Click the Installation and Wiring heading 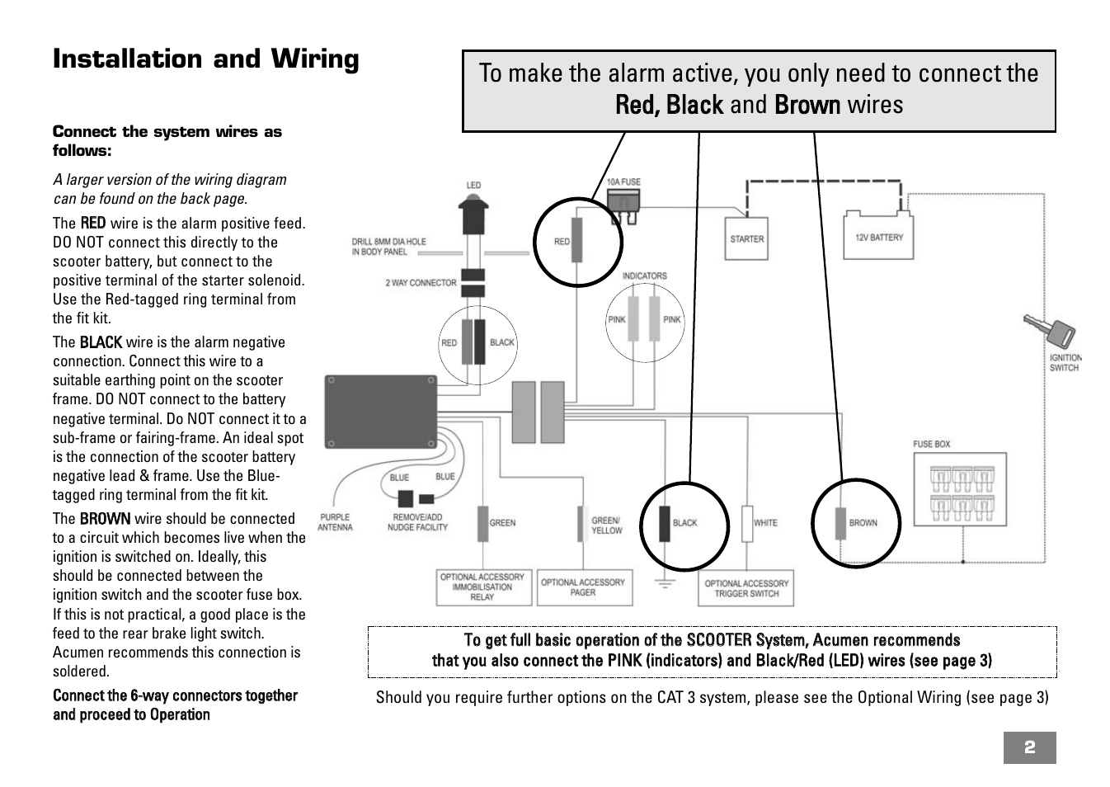pos(206,59)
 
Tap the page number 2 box pos(1029,747)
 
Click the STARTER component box pos(746,238)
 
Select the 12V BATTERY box pos(878,237)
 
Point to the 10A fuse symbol pos(623,202)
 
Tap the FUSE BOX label pos(931,444)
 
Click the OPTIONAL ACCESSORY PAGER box pos(583,587)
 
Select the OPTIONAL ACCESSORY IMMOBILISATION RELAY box pos(482,587)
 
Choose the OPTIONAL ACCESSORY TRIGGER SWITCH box pos(746,588)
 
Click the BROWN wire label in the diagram pos(863,522)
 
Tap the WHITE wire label pos(765,522)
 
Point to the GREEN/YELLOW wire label pos(606,525)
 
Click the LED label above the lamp pos(473,185)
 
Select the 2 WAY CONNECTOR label pos(421,283)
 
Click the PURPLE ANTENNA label pos(335,522)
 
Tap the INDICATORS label pos(644,276)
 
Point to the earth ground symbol pos(665,583)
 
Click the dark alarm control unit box pos(380,412)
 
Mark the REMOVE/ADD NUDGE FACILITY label pos(417,522)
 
